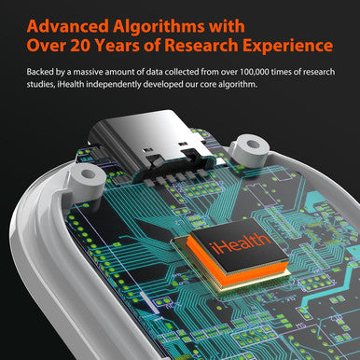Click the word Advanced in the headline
[x=68, y=26]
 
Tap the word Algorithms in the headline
[x=159, y=27]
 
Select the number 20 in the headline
[x=81, y=46]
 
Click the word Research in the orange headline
[x=201, y=46]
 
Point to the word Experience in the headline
[x=288, y=46]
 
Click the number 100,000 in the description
[x=254, y=72]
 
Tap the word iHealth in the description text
[x=71, y=84]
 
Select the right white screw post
[x=249, y=150]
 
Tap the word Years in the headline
[x=118, y=46]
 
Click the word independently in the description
[x=114, y=85]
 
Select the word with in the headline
[x=227, y=26]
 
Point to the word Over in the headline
[x=47, y=46]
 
